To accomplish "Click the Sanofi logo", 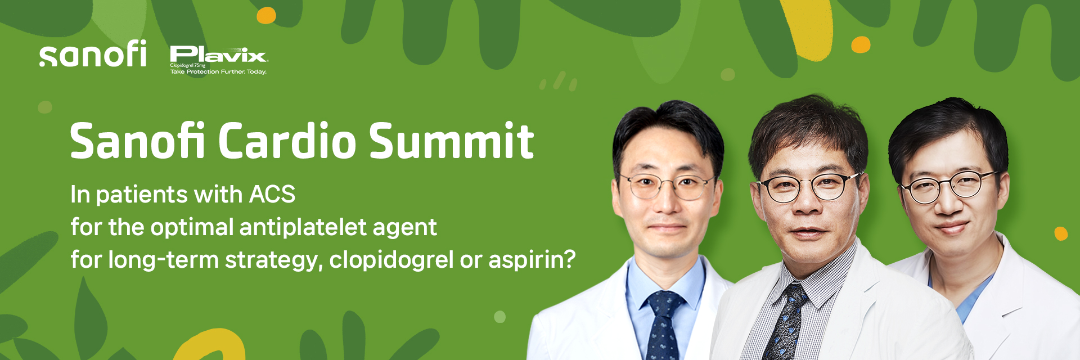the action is (x=93, y=53).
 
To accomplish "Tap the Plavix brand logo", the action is (x=218, y=60).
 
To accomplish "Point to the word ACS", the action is (x=272, y=195).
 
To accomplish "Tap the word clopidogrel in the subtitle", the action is (x=391, y=260).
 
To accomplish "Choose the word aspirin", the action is (x=532, y=260).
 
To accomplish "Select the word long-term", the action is (x=163, y=260).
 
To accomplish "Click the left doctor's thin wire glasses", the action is (x=667, y=186).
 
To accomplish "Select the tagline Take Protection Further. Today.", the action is (x=218, y=72).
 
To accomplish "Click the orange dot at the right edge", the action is (x=1061, y=233).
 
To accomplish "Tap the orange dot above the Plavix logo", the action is (x=266, y=16).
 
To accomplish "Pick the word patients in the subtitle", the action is (x=142, y=195).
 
